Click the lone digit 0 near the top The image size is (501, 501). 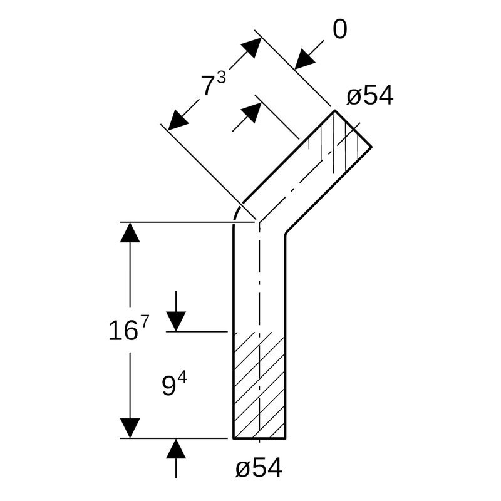(339, 29)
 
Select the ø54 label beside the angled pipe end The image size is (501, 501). (369, 96)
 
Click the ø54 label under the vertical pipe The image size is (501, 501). (259, 468)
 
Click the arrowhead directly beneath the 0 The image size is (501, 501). (305, 59)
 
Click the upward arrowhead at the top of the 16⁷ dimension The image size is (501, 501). (130, 232)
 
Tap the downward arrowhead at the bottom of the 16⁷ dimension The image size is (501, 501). (130, 428)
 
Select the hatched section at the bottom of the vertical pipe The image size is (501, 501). (259, 385)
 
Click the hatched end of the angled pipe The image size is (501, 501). (341, 144)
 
